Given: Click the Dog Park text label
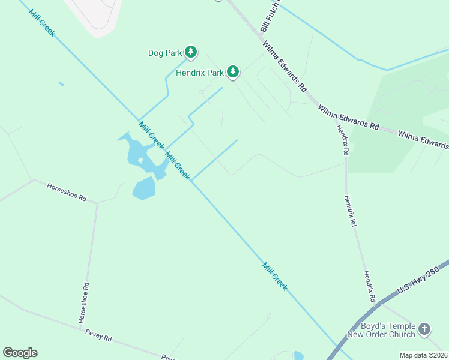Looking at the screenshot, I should pyautogui.click(x=164, y=53).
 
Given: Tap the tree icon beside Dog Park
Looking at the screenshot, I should pyautogui.click(x=191, y=53).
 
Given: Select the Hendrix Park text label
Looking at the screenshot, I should pyautogui.click(x=199, y=73).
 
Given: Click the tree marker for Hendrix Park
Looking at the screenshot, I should pyautogui.click(x=232, y=73).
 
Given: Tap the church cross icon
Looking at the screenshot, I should pyautogui.click(x=424, y=329).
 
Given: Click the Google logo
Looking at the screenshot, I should pyautogui.click(x=20, y=352).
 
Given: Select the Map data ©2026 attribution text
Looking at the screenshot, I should pyautogui.click(x=424, y=355).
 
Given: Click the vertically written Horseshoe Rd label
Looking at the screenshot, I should pyautogui.click(x=85, y=303).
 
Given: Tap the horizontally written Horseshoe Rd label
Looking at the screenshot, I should pyautogui.click(x=67, y=193).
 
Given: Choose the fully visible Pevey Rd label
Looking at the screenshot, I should pyautogui.click(x=98, y=338).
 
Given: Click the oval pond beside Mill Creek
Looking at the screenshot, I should pyautogui.click(x=143, y=188).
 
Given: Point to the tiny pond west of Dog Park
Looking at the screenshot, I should pyautogui.click(x=61, y=84).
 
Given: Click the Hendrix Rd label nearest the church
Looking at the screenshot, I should pyautogui.click(x=369, y=286).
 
